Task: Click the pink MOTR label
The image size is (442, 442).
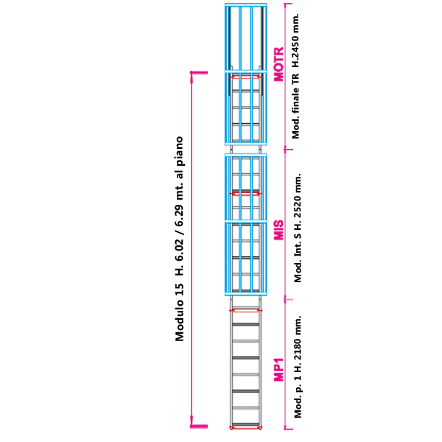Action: tap(278, 64)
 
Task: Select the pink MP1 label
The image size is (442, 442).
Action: tap(278, 369)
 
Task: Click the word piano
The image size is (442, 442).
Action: tap(180, 150)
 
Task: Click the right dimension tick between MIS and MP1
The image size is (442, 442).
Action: tap(288, 298)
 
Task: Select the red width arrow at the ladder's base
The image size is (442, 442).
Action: tap(245, 427)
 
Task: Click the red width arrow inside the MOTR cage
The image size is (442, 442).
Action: tap(245, 76)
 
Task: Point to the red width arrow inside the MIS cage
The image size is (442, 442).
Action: tap(245, 194)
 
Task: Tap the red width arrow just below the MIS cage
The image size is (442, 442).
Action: tap(245, 310)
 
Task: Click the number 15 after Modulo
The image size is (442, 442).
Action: tap(180, 295)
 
